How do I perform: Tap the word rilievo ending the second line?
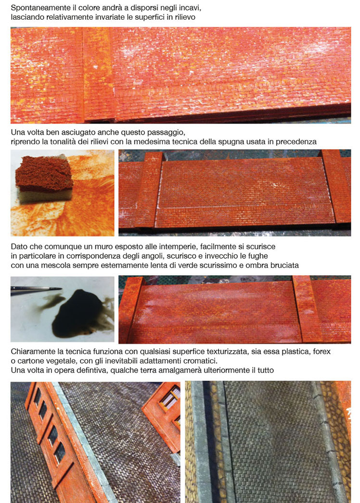pyautogui.click(x=185, y=17)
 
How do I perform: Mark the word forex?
pyautogui.click(x=321, y=352)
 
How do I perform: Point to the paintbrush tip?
pyautogui.click(x=60, y=289)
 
